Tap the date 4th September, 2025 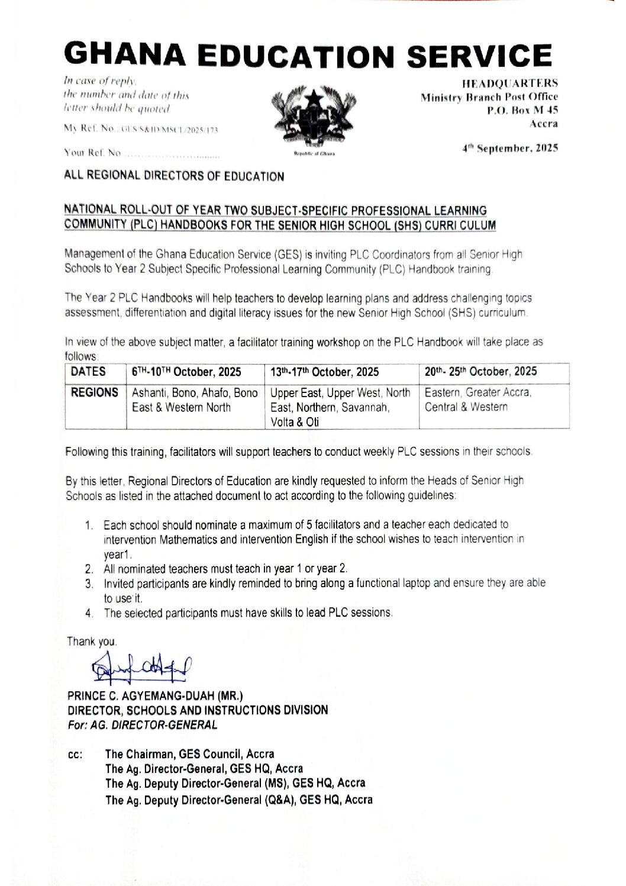tap(510, 149)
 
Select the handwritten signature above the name tap(142, 667)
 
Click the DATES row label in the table tap(88, 372)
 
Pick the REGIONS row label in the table tap(94, 392)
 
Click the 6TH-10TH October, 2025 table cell tap(186, 372)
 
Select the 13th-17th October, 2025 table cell tap(325, 372)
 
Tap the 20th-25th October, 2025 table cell tap(480, 372)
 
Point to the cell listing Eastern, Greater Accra tap(478, 399)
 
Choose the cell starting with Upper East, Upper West tap(340, 407)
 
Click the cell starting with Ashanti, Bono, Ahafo tap(195, 400)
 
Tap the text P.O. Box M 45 tap(522, 110)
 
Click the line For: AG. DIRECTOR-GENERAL tap(142, 724)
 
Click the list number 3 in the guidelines tap(89, 584)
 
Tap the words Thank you tap(92, 642)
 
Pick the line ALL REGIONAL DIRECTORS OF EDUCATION tap(174, 176)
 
